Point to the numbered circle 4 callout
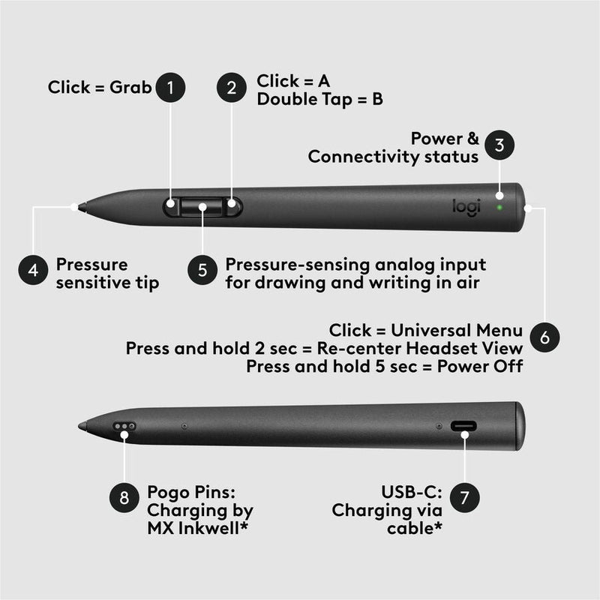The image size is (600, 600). [x=34, y=270]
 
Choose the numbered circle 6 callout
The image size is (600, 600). [x=544, y=337]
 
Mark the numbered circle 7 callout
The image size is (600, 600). [x=465, y=496]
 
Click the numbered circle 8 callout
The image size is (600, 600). [x=124, y=496]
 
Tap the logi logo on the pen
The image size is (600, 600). [x=465, y=207]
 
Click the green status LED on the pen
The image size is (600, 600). [x=499, y=204]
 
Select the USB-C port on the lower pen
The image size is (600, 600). [x=463, y=426]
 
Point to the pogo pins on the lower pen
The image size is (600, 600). [x=124, y=426]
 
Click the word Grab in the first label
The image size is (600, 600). [x=131, y=88]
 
